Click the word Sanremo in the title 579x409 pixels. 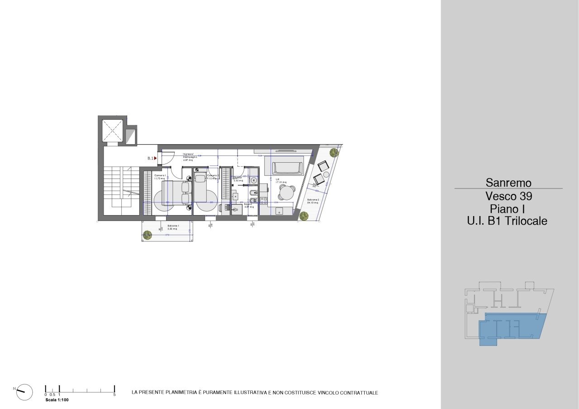(508, 183)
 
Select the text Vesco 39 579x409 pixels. (508, 197)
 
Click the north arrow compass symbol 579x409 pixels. (24, 392)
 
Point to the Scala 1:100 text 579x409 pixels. (57, 400)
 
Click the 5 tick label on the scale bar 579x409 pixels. (114, 395)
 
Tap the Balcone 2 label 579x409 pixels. (313, 200)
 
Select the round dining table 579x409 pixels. (286, 193)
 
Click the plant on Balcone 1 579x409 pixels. (147, 235)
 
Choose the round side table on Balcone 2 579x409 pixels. (326, 174)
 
